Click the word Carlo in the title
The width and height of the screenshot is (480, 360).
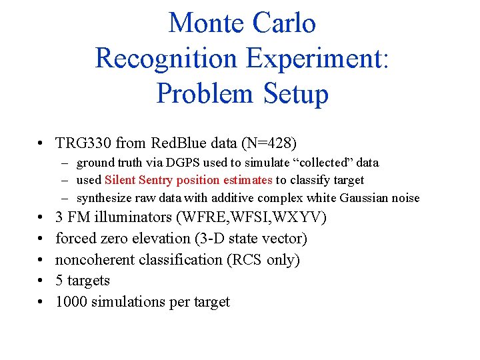(x=283, y=23)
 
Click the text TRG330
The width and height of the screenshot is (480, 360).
(x=83, y=143)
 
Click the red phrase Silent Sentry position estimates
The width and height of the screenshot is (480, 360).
(x=189, y=180)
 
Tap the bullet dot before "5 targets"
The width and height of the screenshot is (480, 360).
(x=41, y=281)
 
